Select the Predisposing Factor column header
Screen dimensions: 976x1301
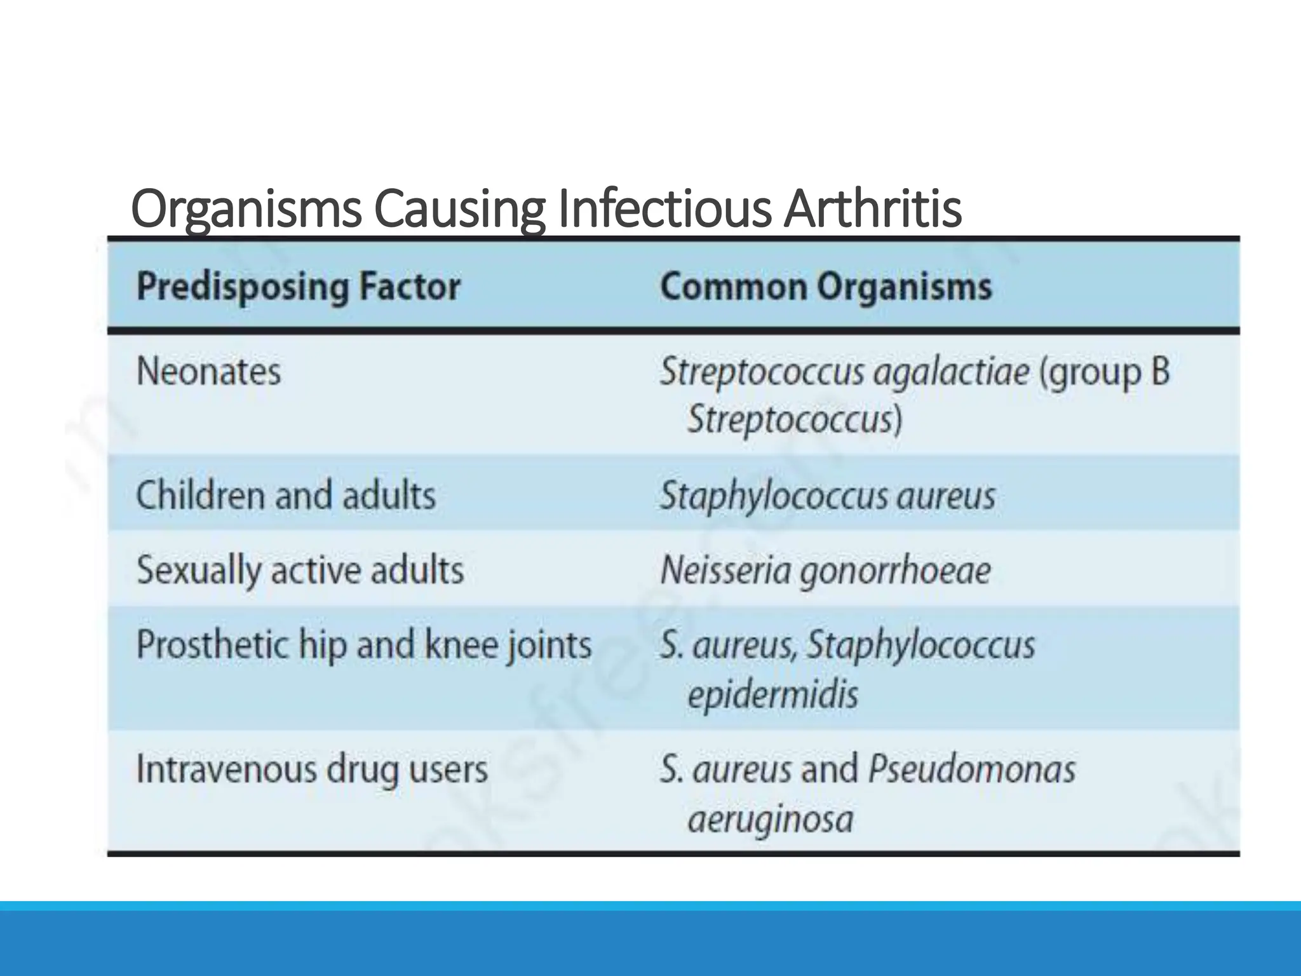299,287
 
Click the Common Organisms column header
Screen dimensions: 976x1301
826,287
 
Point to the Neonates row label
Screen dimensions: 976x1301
208,371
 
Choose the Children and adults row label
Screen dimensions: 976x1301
286,495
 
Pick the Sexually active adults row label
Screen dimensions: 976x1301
300,569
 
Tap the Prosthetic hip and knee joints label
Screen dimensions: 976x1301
364,645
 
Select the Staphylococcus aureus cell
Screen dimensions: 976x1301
828,496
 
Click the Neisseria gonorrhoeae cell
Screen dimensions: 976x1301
825,570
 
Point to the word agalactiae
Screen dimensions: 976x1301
951,372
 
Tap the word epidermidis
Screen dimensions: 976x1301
772,695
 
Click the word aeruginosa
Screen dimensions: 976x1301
771,820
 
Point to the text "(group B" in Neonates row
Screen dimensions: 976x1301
1104,372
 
